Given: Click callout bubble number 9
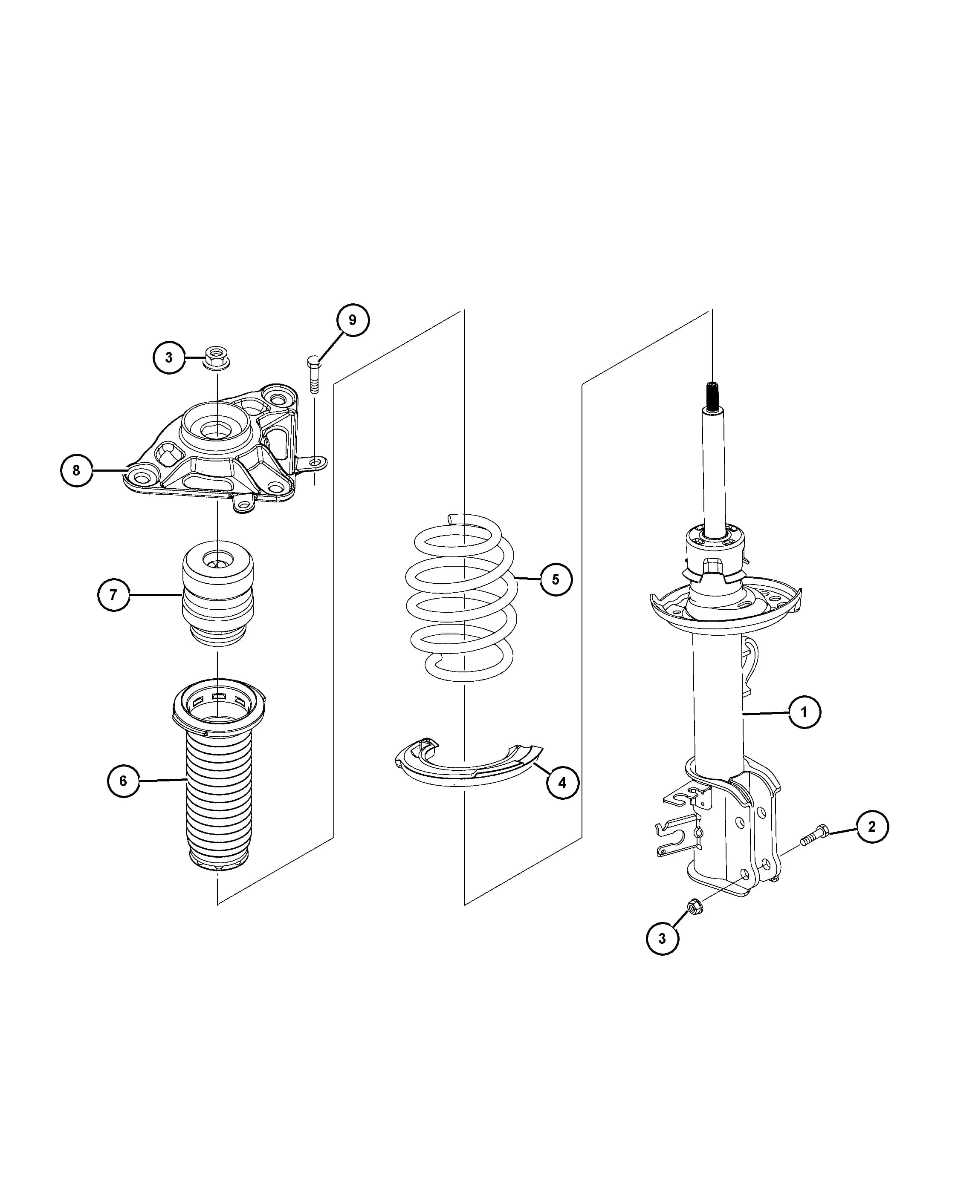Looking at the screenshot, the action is coord(353,320).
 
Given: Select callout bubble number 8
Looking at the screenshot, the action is coord(76,470).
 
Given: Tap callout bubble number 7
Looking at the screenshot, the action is coord(113,595).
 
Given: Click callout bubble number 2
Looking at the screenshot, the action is coord(872,827).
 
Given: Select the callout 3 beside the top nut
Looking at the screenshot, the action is coord(169,357).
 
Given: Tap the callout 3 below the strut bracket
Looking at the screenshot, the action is coord(662,939).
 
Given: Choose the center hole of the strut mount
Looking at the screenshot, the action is coord(217,429).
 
